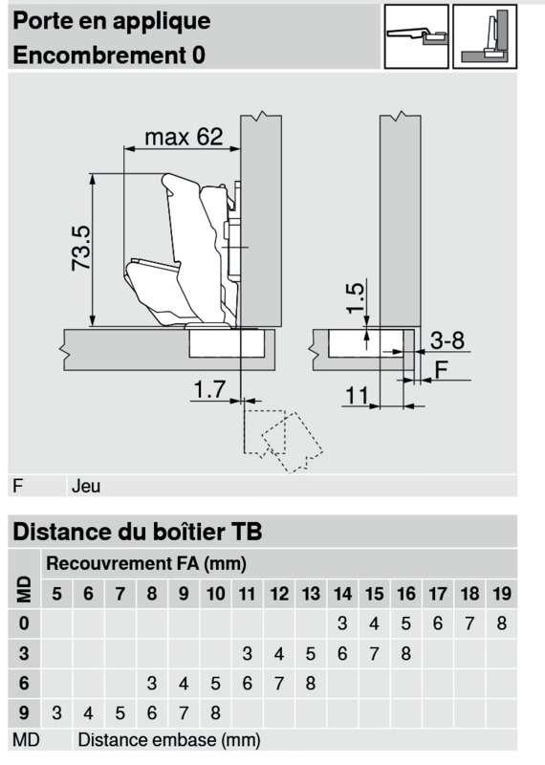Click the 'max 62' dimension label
pos(184,137)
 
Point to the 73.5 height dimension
pos(81,249)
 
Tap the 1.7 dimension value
pos(209,389)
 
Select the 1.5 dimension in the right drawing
pos(356,298)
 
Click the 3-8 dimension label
pos(447,340)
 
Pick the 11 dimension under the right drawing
pos(357,395)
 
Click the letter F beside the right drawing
pos(441,370)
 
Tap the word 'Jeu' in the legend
pos(86,486)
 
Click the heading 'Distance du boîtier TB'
pos(138,532)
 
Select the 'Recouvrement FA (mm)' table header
pos(146,564)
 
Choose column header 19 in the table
pos(502,594)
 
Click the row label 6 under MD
pos(24,683)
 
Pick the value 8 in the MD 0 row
pos(502,623)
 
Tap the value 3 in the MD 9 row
pos(56,713)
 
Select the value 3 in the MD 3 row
pos(248,654)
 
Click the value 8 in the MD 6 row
pos(311,683)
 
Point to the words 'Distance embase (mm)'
pos(169,740)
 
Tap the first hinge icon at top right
pos(416,36)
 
